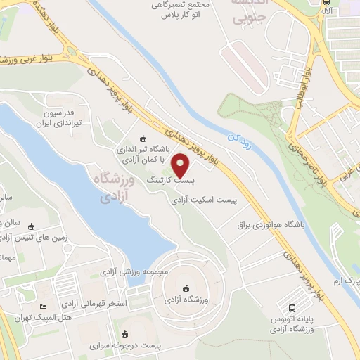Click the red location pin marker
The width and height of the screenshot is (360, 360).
pos(181,165)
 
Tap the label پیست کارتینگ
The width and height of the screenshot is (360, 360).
pos(169,181)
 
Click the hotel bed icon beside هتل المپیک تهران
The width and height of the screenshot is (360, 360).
pos(44,308)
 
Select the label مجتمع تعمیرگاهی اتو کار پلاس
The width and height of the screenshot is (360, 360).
pos(165,9)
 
